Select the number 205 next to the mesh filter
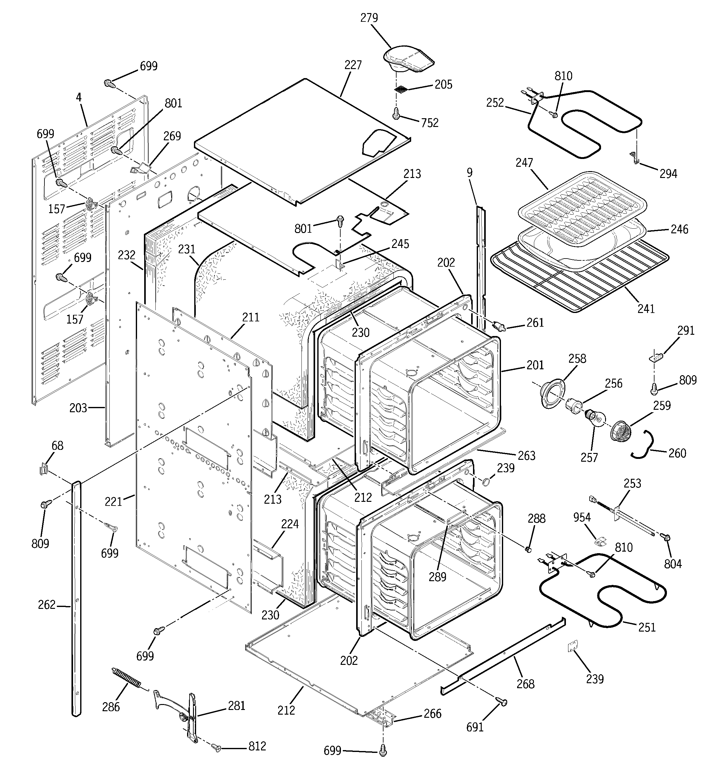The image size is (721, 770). (443, 84)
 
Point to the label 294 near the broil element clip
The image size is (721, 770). (668, 174)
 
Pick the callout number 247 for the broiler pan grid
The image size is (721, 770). (524, 163)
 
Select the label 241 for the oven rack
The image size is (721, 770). (645, 308)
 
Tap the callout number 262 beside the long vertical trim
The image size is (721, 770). (47, 604)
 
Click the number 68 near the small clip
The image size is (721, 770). (57, 446)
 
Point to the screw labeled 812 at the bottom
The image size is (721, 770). (218, 748)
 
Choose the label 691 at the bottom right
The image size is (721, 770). (475, 727)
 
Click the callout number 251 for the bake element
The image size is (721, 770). (647, 627)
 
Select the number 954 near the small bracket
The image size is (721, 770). (582, 517)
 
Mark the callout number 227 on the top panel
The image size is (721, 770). (353, 65)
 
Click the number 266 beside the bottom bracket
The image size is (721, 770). (432, 713)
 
